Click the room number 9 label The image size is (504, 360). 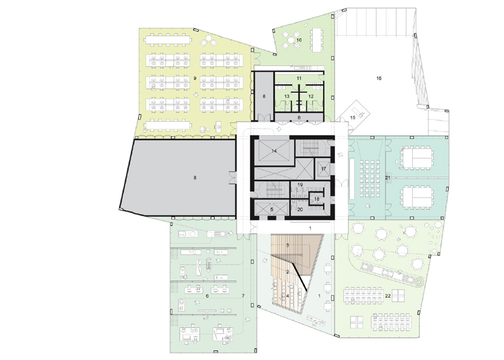click(195, 78)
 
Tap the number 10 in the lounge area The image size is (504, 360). click(299, 40)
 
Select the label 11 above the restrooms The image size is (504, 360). click(299, 78)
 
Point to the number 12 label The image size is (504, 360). click(311, 96)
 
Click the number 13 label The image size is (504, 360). click(287, 96)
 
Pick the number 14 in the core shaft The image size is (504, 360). click(274, 151)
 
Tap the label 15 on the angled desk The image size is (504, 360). click(353, 118)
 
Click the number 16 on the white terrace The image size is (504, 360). click(379, 78)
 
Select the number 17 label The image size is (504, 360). click(323, 169)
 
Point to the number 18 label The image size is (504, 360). click(316, 199)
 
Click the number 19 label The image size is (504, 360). click(300, 185)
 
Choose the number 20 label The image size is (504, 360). click(300, 209)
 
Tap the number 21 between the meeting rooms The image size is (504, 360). click(387, 178)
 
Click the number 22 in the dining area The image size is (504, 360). click(388, 296)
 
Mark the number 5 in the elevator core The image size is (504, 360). click(271, 209)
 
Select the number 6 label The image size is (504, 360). click(207, 296)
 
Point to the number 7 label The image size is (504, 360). click(243, 296)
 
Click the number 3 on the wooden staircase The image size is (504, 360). click(287, 245)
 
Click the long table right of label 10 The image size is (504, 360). click(316, 40)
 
